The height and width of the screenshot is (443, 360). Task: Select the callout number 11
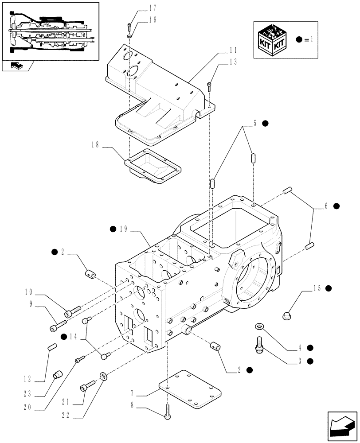[x=233, y=51]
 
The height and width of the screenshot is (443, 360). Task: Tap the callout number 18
[x=95, y=145]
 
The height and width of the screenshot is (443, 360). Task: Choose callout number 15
[x=317, y=288]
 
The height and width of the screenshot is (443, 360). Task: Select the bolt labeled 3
[x=259, y=345]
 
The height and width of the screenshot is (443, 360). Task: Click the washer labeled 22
[x=103, y=377]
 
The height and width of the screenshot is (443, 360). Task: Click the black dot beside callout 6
[x=337, y=206]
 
